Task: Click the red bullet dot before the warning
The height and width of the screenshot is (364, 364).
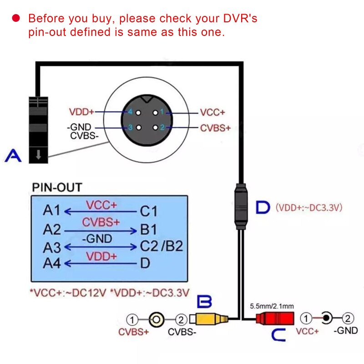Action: (16, 18)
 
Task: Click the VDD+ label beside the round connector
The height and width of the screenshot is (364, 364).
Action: (82, 112)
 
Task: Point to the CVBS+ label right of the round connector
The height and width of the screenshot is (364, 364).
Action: (215, 128)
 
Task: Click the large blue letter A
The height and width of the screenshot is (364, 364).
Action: (13, 157)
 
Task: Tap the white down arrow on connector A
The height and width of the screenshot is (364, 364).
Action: (39, 155)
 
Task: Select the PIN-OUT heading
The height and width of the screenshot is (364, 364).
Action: (57, 187)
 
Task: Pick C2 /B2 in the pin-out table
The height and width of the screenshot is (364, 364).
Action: (161, 246)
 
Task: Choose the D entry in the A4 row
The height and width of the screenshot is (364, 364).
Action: (145, 263)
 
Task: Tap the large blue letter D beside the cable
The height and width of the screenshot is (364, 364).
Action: (263, 207)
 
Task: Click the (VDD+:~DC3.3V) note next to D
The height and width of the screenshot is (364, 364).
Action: (308, 208)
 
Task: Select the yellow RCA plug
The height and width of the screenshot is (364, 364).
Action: (210, 319)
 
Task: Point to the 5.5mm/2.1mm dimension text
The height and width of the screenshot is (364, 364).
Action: (272, 306)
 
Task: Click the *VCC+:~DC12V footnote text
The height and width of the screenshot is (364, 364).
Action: (67, 292)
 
